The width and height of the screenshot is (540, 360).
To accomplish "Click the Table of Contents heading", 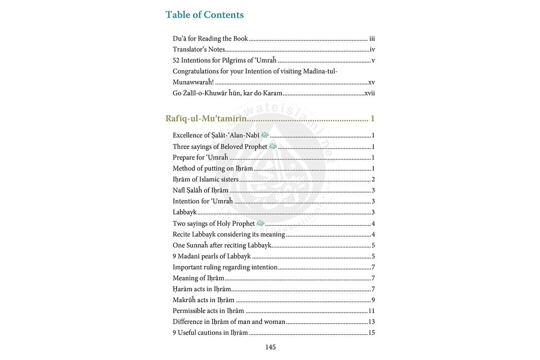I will click(x=204, y=15).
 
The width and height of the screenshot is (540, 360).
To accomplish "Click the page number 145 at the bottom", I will click(x=270, y=347).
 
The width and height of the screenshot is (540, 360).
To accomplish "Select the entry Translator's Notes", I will click(x=199, y=50).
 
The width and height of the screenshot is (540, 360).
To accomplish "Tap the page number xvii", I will click(x=370, y=93).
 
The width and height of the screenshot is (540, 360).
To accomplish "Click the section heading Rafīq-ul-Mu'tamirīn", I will click(x=206, y=118).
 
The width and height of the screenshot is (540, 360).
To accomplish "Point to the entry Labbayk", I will click(x=185, y=212).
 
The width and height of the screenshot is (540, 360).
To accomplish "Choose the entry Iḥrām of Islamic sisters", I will click(x=206, y=179).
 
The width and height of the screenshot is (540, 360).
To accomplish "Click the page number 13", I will click(x=372, y=322).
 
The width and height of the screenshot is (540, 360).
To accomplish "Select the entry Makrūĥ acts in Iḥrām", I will click(x=203, y=300).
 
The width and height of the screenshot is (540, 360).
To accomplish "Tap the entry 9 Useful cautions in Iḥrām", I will click(x=210, y=333).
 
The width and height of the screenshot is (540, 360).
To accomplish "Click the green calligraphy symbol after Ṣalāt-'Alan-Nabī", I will click(x=265, y=135).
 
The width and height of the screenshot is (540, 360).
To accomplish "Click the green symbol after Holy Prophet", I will click(x=260, y=223).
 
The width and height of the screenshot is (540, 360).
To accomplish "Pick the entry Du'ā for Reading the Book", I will click(x=210, y=39).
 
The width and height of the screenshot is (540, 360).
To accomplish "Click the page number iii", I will click(x=372, y=39).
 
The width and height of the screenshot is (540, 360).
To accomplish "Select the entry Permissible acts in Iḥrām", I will click(x=208, y=311).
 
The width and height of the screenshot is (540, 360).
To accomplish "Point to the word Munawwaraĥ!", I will click(x=193, y=82).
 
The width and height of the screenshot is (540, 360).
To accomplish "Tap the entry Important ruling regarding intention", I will click(x=225, y=267).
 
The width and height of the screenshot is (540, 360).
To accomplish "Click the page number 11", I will click(x=372, y=311).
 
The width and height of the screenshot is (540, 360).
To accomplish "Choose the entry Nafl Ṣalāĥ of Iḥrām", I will click(x=201, y=190).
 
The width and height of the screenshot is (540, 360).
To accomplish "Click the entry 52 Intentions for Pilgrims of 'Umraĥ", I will click(x=225, y=60).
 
